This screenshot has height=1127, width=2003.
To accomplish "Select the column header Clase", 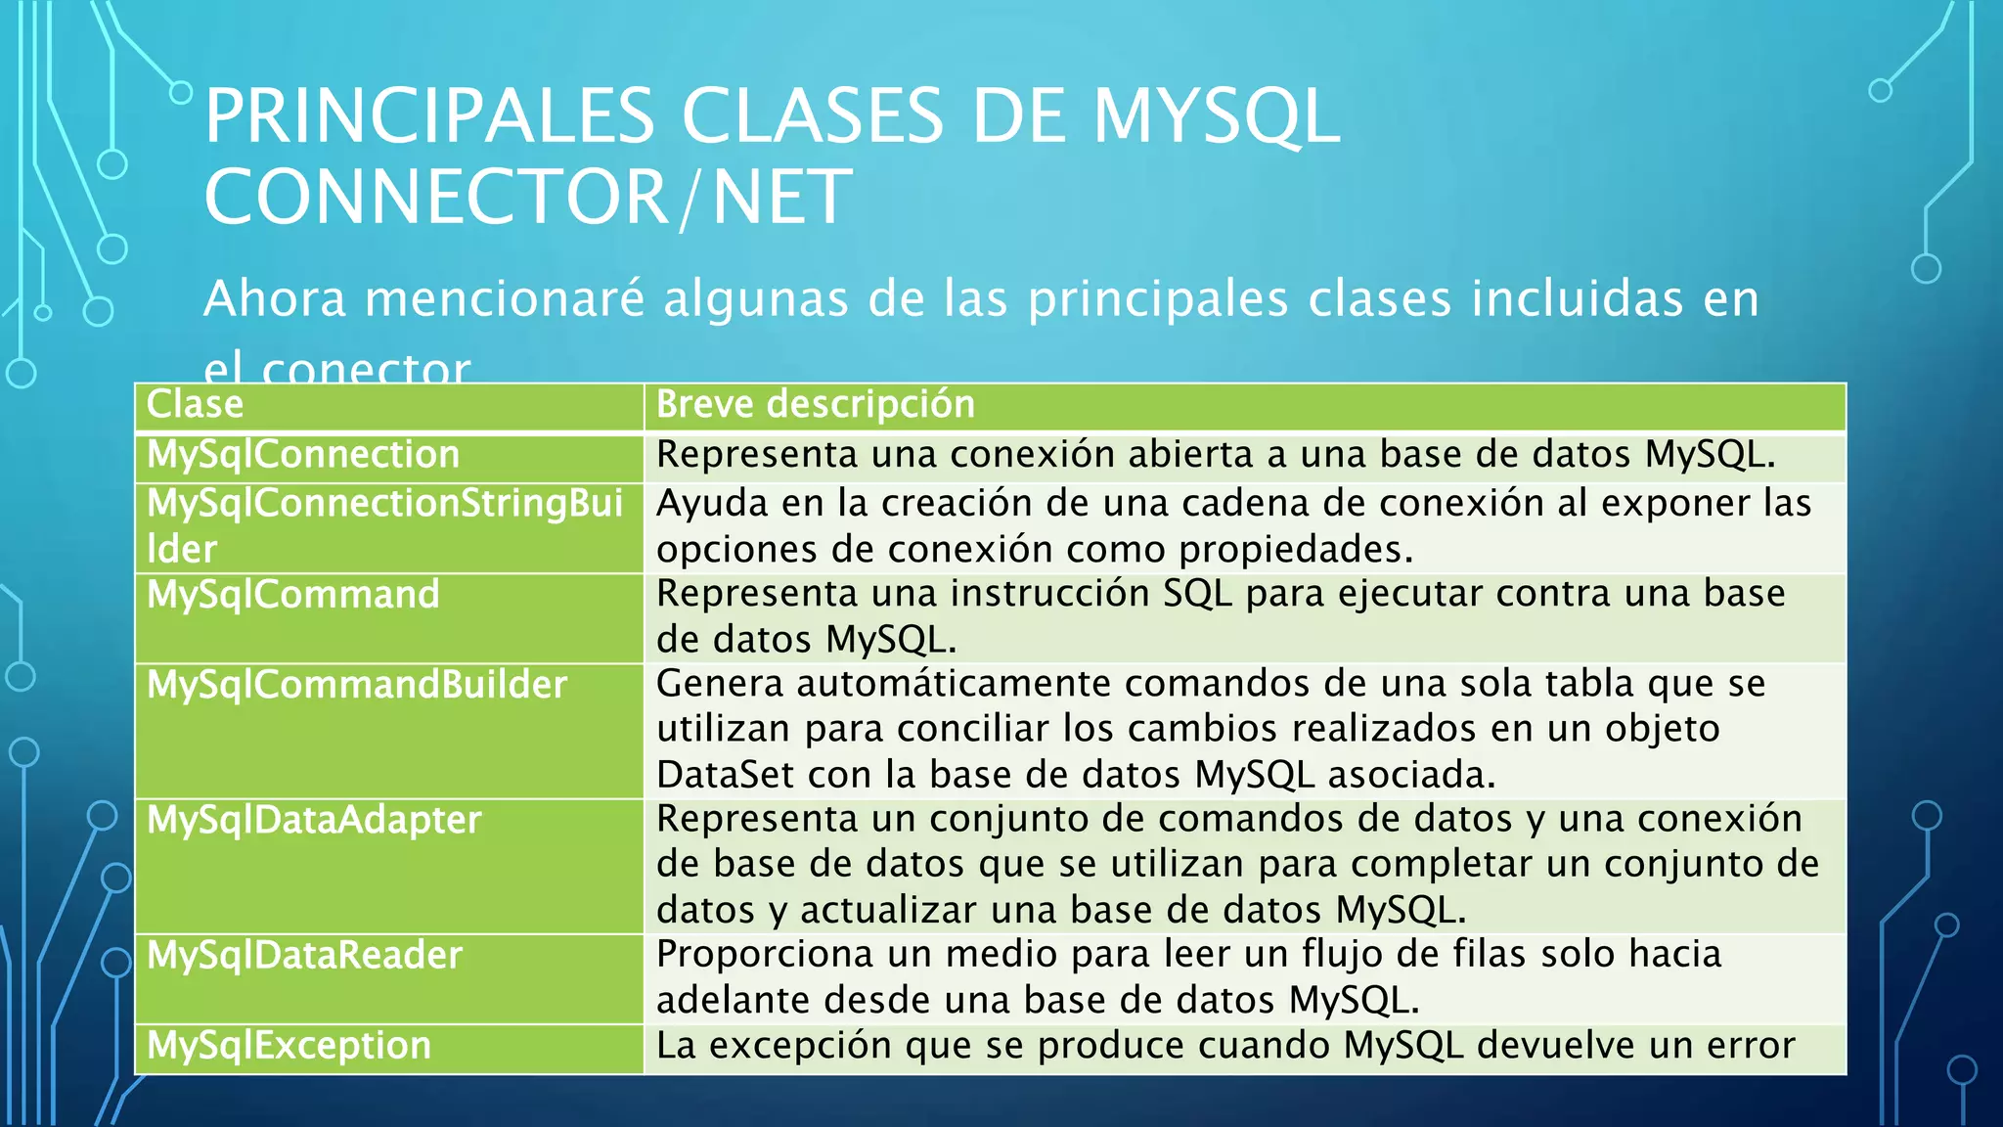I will (195, 405).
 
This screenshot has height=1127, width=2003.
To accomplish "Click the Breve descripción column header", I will (815, 405).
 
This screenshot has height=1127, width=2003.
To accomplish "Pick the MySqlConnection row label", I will (303, 455).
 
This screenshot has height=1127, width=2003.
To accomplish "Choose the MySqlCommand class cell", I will (293, 595).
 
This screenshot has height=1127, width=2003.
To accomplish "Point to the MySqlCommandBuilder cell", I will (357, 685).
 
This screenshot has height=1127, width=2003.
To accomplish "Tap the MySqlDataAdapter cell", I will (314, 820).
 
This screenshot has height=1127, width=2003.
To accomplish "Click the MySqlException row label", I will (289, 1046).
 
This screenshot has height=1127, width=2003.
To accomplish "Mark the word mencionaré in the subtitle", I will (505, 299).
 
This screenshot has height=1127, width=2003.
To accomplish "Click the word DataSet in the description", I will (725, 775).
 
